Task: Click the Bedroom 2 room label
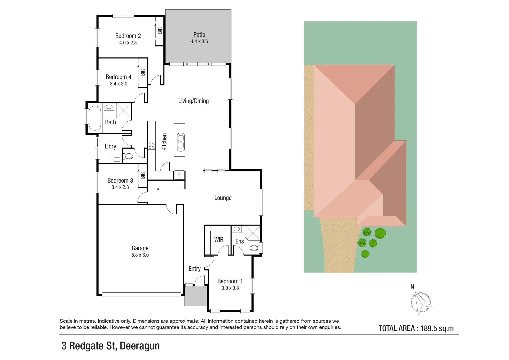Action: (x=128, y=36)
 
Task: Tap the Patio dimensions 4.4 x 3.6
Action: (x=199, y=42)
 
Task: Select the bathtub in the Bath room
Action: (x=94, y=118)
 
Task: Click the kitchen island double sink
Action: (x=180, y=141)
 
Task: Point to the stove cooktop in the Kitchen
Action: (x=151, y=146)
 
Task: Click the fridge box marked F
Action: (x=179, y=175)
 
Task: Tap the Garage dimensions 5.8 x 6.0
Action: (x=140, y=255)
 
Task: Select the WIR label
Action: (x=219, y=239)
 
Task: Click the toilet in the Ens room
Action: (x=255, y=248)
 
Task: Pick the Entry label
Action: (x=194, y=269)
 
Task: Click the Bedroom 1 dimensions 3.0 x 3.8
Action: (x=230, y=288)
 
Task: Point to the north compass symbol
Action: (x=421, y=302)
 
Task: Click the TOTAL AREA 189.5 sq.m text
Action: (x=416, y=328)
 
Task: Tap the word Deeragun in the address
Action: (x=140, y=346)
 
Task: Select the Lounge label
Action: (x=223, y=198)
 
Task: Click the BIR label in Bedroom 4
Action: (x=143, y=72)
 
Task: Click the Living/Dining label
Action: (x=193, y=101)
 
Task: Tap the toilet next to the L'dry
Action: (x=128, y=156)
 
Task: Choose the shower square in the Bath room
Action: (x=124, y=110)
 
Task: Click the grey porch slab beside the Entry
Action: (x=196, y=296)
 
